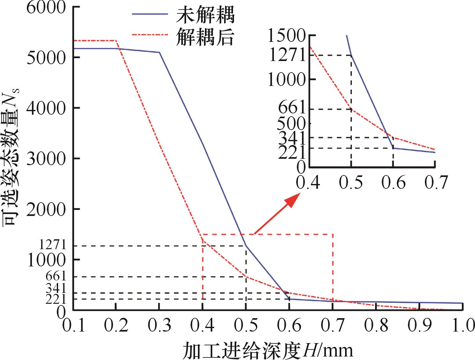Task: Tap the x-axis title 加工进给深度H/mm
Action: pyautogui.click(x=268, y=350)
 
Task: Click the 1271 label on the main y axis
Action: pyautogui.click(x=52, y=245)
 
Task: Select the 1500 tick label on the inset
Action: pyautogui.click(x=287, y=36)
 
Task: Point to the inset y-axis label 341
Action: pyautogui.click(x=292, y=137)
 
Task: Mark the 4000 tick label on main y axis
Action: pyautogui.click(x=46, y=108)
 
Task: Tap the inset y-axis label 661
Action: pyautogui.click(x=292, y=109)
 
